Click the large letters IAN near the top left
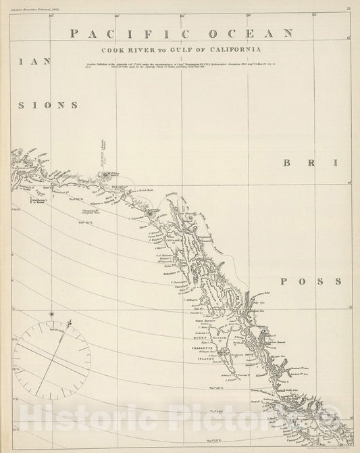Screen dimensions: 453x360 (30, 61)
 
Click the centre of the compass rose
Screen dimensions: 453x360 (51, 360)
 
